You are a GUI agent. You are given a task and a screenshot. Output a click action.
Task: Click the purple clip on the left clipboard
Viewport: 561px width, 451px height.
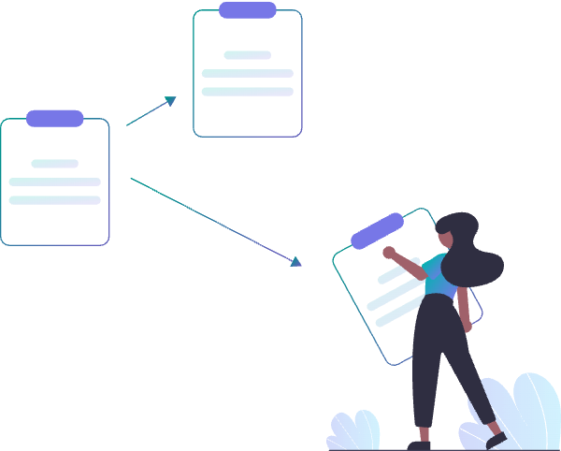[x=55, y=118]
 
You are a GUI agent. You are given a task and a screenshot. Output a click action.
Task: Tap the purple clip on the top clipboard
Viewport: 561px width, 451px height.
[x=248, y=10]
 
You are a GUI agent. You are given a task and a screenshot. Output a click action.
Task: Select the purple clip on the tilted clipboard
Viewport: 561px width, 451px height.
[x=377, y=230]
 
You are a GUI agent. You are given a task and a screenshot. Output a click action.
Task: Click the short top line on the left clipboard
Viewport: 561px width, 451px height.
[x=55, y=164]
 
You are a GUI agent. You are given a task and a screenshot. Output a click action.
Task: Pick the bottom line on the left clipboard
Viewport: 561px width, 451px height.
[x=55, y=200]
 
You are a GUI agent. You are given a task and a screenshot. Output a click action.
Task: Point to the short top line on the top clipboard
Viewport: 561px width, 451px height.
[x=248, y=55]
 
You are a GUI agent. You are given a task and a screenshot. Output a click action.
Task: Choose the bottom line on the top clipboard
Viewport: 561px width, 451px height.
[x=248, y=92]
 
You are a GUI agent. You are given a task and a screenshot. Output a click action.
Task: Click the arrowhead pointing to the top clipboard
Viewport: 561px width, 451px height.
[x=171, y=100]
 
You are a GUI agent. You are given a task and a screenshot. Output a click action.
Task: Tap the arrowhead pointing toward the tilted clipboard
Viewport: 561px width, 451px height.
[x=296, y=263]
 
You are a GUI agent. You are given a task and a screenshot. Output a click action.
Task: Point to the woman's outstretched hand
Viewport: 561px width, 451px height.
[x=389, y=252]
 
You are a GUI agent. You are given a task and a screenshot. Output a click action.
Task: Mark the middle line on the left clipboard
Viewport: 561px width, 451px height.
[x=55, y=182]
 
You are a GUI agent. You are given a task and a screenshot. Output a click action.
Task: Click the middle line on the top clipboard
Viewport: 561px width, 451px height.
[x=248, y=73]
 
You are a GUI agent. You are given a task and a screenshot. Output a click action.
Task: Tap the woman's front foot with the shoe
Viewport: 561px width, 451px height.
[x=496, y=438]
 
